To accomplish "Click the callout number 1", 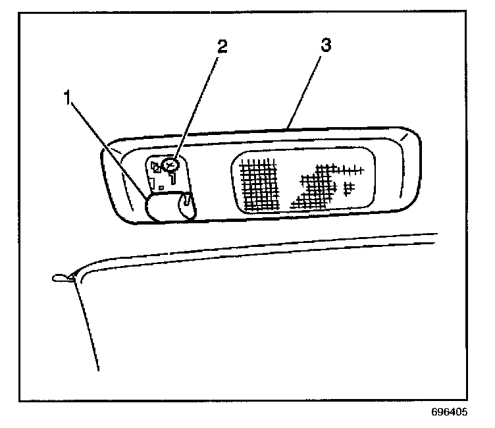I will (x=67, y=98).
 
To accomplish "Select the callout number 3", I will (x=325, y=45).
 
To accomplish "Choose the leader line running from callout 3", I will (x=304, y=86).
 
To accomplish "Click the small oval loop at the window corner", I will (x=60, y=277).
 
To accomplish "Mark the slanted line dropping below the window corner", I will (x=88, y=323).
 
